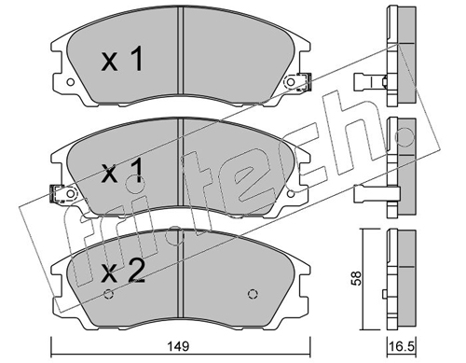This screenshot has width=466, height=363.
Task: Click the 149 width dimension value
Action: tap(180, 346)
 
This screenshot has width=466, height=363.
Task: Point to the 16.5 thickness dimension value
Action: tap(402, 346)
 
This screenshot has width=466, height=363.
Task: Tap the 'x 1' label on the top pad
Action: tap(123, 59)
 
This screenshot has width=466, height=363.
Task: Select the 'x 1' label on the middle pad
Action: tap(123, 170)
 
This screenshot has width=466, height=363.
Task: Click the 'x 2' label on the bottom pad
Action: tap(124, 271)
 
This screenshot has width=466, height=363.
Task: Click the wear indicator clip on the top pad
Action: tap(304, 82)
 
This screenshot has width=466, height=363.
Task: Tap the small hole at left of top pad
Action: tap(71, 82)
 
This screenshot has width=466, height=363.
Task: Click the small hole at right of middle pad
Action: tap(291, 194)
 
